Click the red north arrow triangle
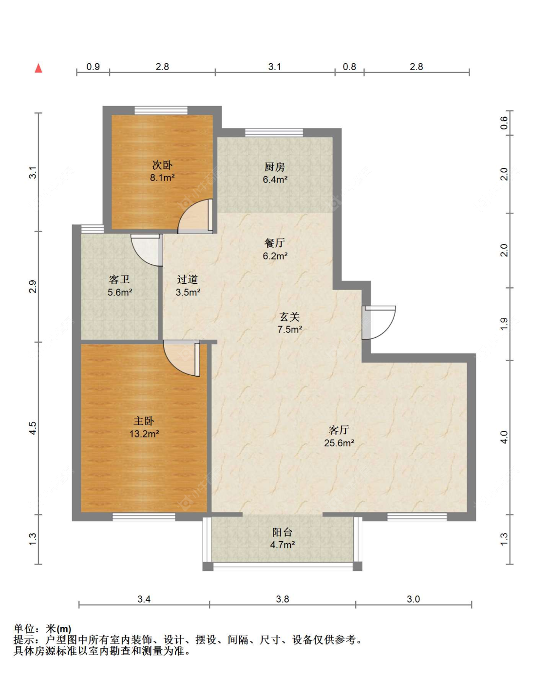(38, 68)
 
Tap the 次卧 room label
(162, 165)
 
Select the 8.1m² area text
(162, 177)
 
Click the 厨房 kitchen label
(274, 167)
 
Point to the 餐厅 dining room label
(274, 243)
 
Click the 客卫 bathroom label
(119, 279)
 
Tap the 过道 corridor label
(188, 279)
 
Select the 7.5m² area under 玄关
(289, 329)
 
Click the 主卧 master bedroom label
(144, 421)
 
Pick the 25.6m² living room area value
(339, 443)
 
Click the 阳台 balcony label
(282, 532)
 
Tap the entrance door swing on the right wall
(379, 322)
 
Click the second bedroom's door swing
(195, 216)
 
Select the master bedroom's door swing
(182, 358)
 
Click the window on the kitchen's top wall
(274, 132)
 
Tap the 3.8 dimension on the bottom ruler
(282, 599)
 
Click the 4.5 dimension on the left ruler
(33, 428)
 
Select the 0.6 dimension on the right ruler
(504, 123)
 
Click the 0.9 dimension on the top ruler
(93, 67)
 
